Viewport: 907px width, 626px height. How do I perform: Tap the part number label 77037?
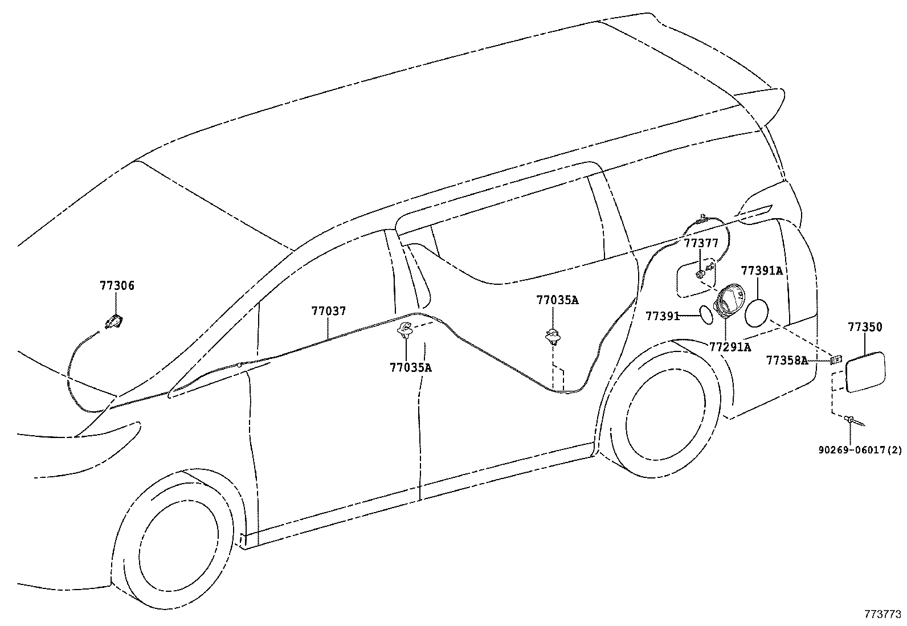tap(329, 312)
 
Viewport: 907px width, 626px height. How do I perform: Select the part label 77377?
tap(701, 244)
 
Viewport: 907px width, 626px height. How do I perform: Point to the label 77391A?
tap(762, 271)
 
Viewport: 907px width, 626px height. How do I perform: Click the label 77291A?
tap(730, 346)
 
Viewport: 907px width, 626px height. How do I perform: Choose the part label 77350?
tap(865, 327)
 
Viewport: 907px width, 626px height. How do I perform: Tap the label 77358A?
tap(787, 360)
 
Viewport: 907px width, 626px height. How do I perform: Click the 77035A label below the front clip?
tap(411, 367)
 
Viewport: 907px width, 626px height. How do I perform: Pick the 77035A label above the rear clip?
tap(557, 300)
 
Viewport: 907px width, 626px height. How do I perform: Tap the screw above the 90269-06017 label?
tap(853, 421)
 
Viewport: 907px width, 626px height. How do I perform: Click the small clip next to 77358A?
tap(836, 359)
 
